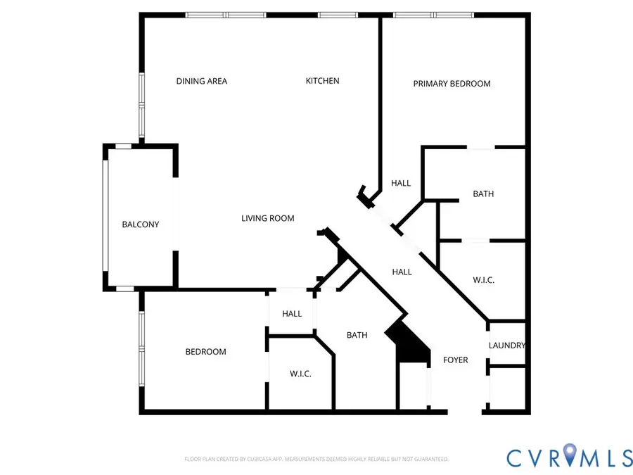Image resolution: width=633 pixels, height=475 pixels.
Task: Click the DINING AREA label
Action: (201, 81)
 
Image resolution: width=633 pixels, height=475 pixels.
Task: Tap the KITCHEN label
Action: (322, 81)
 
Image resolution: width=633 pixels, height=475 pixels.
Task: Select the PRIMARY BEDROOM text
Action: (452, 84)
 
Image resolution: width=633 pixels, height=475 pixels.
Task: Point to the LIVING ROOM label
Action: (268, 218)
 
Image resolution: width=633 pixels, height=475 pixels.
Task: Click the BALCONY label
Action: (141, 224)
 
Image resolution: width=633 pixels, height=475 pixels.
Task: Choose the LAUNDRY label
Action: (507, 346)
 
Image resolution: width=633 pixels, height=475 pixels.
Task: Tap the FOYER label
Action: (455, 360)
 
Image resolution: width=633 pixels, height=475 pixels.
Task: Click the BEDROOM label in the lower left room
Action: (205, 352)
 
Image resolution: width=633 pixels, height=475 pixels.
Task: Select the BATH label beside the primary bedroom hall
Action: (483, 194)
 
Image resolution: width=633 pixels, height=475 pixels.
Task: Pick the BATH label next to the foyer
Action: (357, 335)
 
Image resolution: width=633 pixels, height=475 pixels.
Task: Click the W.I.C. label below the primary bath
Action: (483, 279)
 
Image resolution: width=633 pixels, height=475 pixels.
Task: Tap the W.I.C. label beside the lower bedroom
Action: (300, 374)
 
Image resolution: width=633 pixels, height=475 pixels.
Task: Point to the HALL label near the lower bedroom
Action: (292, 313)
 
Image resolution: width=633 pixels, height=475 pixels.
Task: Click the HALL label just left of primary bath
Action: (401, 183)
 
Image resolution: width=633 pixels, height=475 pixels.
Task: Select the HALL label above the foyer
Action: (402, 272)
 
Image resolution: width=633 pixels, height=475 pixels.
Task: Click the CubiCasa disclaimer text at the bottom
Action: (316, 459)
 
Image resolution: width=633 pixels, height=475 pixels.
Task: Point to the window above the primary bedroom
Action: (433, 15)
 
